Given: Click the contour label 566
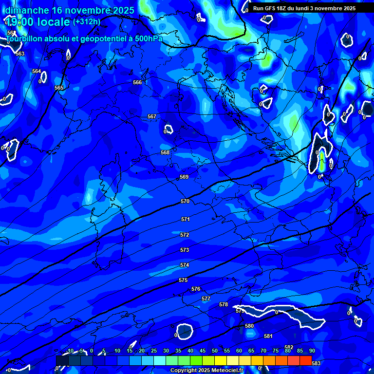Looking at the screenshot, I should click(x=137, y=82).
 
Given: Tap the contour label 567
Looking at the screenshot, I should click(x=152, y=116).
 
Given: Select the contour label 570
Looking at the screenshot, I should click(x=185, y=201).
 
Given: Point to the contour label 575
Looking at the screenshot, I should click(x=183, y=280).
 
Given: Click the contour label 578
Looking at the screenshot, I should click(x=224, y=304).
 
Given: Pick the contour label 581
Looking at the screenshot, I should click(x=268, y=336).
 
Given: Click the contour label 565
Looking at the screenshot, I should click(x=59, y=88).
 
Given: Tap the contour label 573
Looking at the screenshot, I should click(x=185, y=250).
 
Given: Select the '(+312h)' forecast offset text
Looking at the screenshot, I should click(x=87, y=21).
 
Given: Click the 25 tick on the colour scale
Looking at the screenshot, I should click(x=154, y=351).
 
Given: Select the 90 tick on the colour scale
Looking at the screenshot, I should click(x=312, y=351).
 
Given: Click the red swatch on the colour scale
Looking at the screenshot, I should click(x=306, y=360).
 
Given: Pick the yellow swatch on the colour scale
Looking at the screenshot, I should click(x=221, y=360).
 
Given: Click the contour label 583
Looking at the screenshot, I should click(x=316, y=363).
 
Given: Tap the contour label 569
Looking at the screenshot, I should click(x=184, y=177).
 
